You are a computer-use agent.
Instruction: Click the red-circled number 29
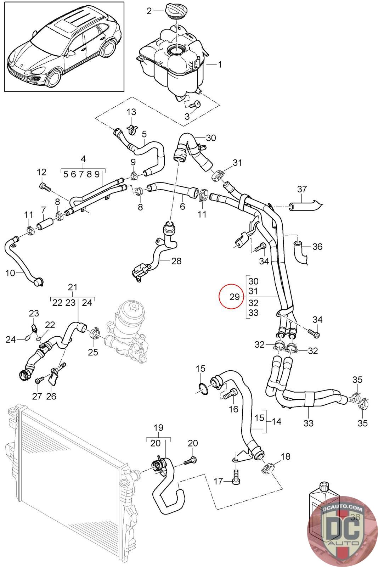(x=234, y=296)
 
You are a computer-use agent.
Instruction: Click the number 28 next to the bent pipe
(x=176, y=261)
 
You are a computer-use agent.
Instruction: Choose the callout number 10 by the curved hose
(x=10, y=273)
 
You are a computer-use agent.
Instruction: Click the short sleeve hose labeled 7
(x=45, y=223)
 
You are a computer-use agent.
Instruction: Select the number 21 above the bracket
(x=73, y=287)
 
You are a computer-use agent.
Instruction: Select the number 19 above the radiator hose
(x=158, y=428)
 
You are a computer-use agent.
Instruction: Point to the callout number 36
(x=317, y=246)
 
